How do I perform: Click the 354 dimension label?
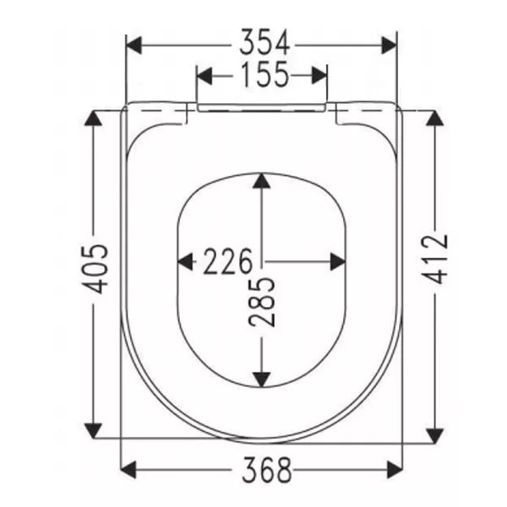tap(261, 41)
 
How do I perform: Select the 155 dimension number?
tap(261, 75)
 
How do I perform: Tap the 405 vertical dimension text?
tap(99, 269)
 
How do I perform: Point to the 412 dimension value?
tap(435, 258)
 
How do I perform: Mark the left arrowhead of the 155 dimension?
tap(204, 76)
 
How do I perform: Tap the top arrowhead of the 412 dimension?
tap(435, 118)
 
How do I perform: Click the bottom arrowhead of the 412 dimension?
tap(435, 431)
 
